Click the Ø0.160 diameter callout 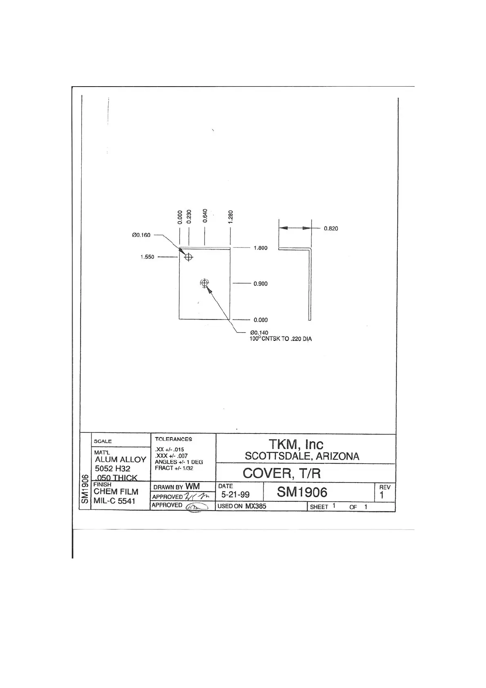pyautogui.click(x=141, y=235)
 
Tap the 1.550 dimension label pyautogui.click(x=147, y=257)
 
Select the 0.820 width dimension pyautogui.click(x=331, y=228)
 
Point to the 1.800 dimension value pyautogui.click(x=261, y=248)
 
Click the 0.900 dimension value pyautogui.click(x=261, y=284)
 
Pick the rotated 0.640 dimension pyautogui.click(x=205, y=215)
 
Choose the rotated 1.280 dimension pyautogui.click(x=231, y=217)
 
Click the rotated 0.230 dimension pyautogui.click(x=189, y=217)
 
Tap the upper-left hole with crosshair pyautogui.click(x=188, y=257)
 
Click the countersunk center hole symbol pyautogui.click(x=204, y=283)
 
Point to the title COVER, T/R pyautogui.click(x=282, y=473)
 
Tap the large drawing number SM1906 pyautogui.click(x=302, y=492)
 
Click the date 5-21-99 pyautogui.click(x=235, y=495)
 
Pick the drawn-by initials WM pyautogui.click(x=193, y=486)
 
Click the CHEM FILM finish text pyautogui.click(x=116, y=491)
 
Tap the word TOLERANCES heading pyautogui.click(x=173, y=439)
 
